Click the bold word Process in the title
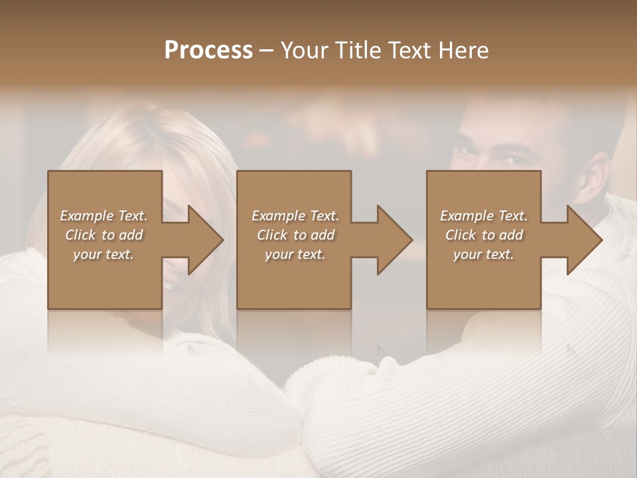pos(208,50)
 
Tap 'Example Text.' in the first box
pos(104,216)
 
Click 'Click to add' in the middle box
pos(295,235)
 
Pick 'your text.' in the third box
pos(483,254)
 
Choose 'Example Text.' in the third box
pos(484,216)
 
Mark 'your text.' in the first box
pos(104,254)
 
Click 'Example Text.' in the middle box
pos(295,216)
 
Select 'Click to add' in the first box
pos(104,235)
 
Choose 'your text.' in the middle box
pos(295,254)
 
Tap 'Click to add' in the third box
pos(484,235)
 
